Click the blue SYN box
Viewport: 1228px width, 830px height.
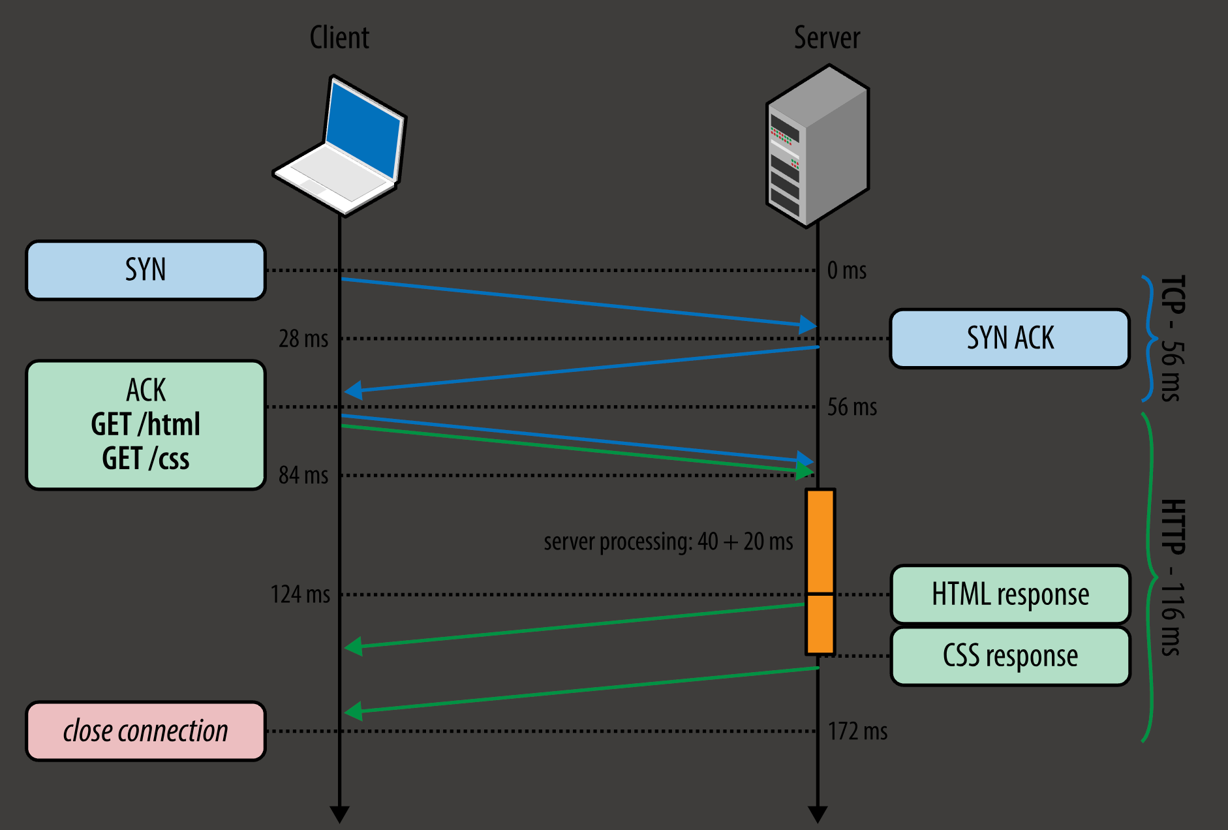(x=146, y=270)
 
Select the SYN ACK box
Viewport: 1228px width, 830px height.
(x=1009, y=339)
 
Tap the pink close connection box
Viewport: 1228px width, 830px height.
(x=146, y=731)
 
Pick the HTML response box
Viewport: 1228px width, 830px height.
(x=1010, y=594)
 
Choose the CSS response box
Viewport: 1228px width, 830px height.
(x=1010, y=656)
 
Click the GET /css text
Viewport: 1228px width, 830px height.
(x=146, y=459)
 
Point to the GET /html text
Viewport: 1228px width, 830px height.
(x=146, y=425)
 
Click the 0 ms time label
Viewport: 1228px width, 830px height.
(x=847, y=270)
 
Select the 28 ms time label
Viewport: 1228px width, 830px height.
(x=303, y=339)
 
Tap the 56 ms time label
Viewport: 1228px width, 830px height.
(x=852, y=407)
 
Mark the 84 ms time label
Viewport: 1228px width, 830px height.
(x=303, y=475)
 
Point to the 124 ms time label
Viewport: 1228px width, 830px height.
(x=300, y=594)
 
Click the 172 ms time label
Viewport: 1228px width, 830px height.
(x=857, y=731)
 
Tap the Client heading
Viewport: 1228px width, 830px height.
(x=339, y=38)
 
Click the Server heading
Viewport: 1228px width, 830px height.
(x=827, y=38)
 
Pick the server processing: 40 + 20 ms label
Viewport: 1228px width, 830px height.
(x=668, y=542)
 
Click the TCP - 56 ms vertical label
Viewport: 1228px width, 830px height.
(x=1172, y=339)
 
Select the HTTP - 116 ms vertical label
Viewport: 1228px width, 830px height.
(x=1172, y=577)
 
